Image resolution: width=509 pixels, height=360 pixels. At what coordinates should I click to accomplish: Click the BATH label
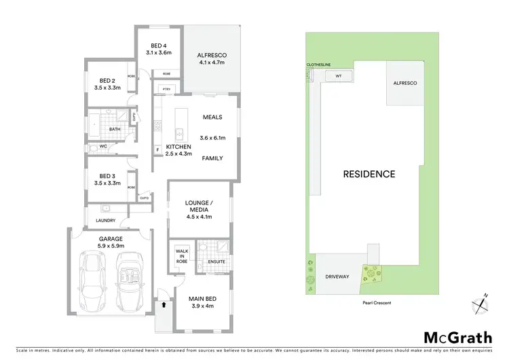click(x=115, y=128)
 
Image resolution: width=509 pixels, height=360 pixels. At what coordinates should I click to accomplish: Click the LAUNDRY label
click(x=106, y=221)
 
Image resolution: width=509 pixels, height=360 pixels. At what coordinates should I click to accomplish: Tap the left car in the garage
click(x=92, y=279)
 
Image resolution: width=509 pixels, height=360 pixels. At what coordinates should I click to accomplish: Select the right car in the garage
click(x=129, y=279)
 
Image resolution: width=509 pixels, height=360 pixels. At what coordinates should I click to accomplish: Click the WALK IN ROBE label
click(x=181, y=255)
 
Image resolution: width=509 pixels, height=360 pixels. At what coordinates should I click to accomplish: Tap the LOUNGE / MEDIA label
click(x=200, y=209)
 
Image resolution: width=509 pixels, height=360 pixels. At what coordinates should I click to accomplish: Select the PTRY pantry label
click(x=164, y=89)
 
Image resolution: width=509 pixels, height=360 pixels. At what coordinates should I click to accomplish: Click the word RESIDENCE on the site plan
click(x=369, y=174)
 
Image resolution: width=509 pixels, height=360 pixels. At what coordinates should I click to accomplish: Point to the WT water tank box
click(x=338, y=76)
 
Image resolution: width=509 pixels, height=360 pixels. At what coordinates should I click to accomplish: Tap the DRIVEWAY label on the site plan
click(x=337, y=276)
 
